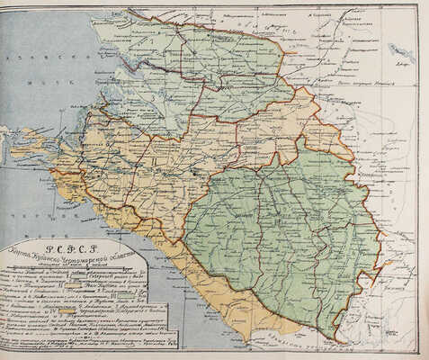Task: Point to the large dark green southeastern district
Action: (279, 234)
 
